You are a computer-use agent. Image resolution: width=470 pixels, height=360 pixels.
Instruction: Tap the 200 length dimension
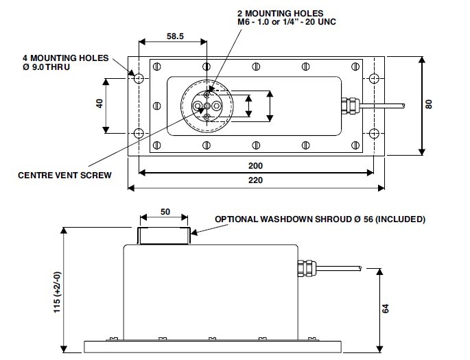point(255,165)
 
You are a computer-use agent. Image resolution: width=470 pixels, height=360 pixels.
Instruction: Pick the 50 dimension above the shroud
point(165,212)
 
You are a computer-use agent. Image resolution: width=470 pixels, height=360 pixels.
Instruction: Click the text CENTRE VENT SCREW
point(64,175)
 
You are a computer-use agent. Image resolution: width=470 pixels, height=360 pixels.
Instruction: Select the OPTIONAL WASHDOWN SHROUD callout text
point(320,219)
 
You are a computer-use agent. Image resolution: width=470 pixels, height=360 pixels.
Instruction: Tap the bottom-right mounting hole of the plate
point(373,132)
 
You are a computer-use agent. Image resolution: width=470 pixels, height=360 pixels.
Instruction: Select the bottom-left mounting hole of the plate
point(138,132)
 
